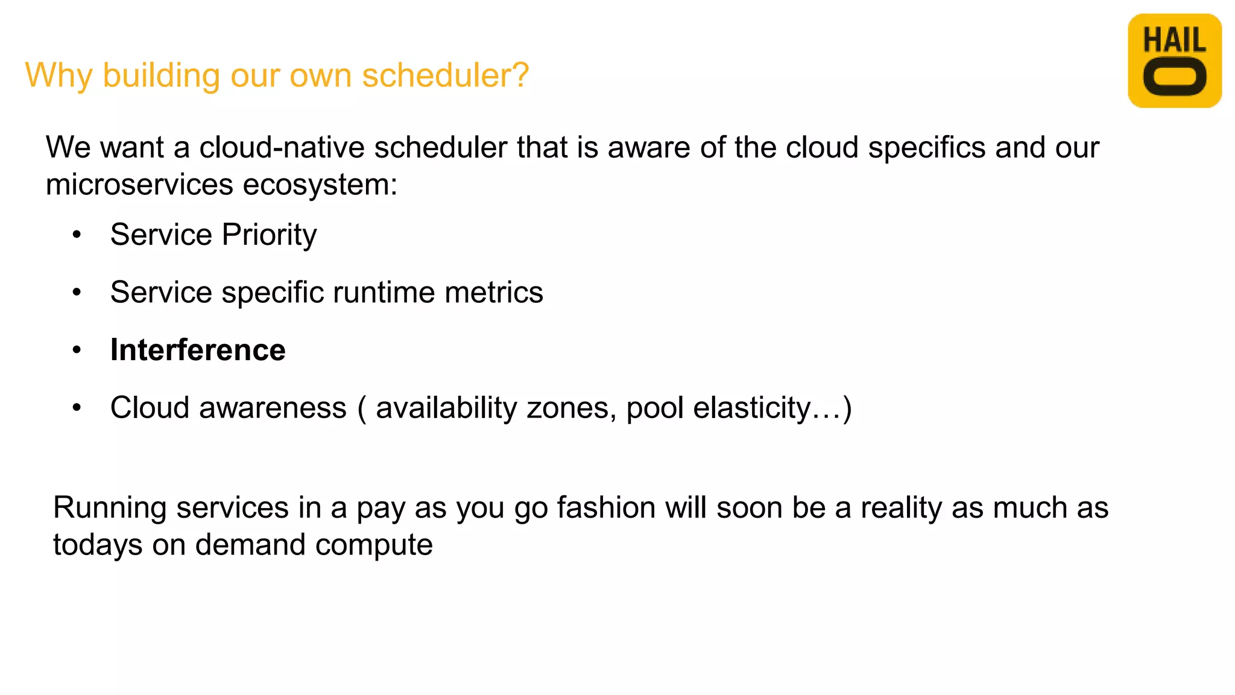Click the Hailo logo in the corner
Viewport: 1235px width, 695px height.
point(1174,61)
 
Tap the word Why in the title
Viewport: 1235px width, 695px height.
point(58,75)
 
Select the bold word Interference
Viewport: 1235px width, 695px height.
point(198,350)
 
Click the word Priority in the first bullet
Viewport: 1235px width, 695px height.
point(269,235)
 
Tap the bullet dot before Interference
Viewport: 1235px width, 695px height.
point(77,350)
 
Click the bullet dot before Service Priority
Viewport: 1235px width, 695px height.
point(77,235)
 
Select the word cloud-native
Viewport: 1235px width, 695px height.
point(282,148)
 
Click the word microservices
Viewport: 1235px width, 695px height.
point(139,185)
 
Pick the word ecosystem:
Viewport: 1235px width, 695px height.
point(320,185)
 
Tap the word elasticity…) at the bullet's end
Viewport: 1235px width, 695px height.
point(772,408)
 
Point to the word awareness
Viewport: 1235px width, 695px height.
point(273,408)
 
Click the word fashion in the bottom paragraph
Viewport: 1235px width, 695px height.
point(606,507)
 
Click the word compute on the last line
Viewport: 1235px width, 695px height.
point(374,545)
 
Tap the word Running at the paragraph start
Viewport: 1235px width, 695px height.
point(109,507)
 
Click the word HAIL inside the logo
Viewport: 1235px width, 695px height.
point(1174,40)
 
